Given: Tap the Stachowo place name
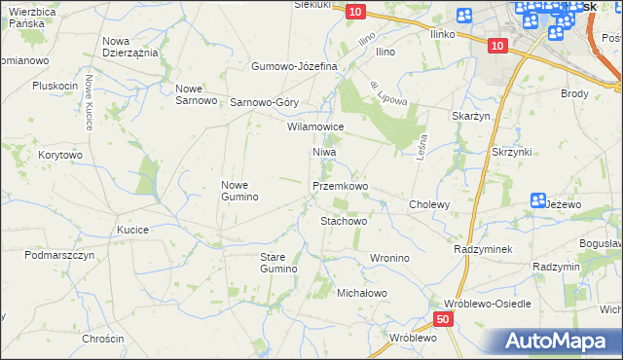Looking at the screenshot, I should coord(344,221).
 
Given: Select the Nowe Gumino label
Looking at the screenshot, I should coord(239,191).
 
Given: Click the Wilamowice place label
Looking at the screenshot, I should coord(314,126).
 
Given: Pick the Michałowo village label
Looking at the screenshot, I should coord(362,292).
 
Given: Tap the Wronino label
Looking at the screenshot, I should coord(388,258).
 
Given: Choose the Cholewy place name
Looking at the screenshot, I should coord(429,204).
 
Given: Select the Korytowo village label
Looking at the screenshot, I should coord(59,155).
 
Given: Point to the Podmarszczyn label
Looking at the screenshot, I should coord(59,255).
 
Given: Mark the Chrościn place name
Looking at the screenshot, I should coord(103,339).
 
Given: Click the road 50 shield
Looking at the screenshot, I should coord(443,318).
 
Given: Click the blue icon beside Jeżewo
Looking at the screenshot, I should coord(538,200).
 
